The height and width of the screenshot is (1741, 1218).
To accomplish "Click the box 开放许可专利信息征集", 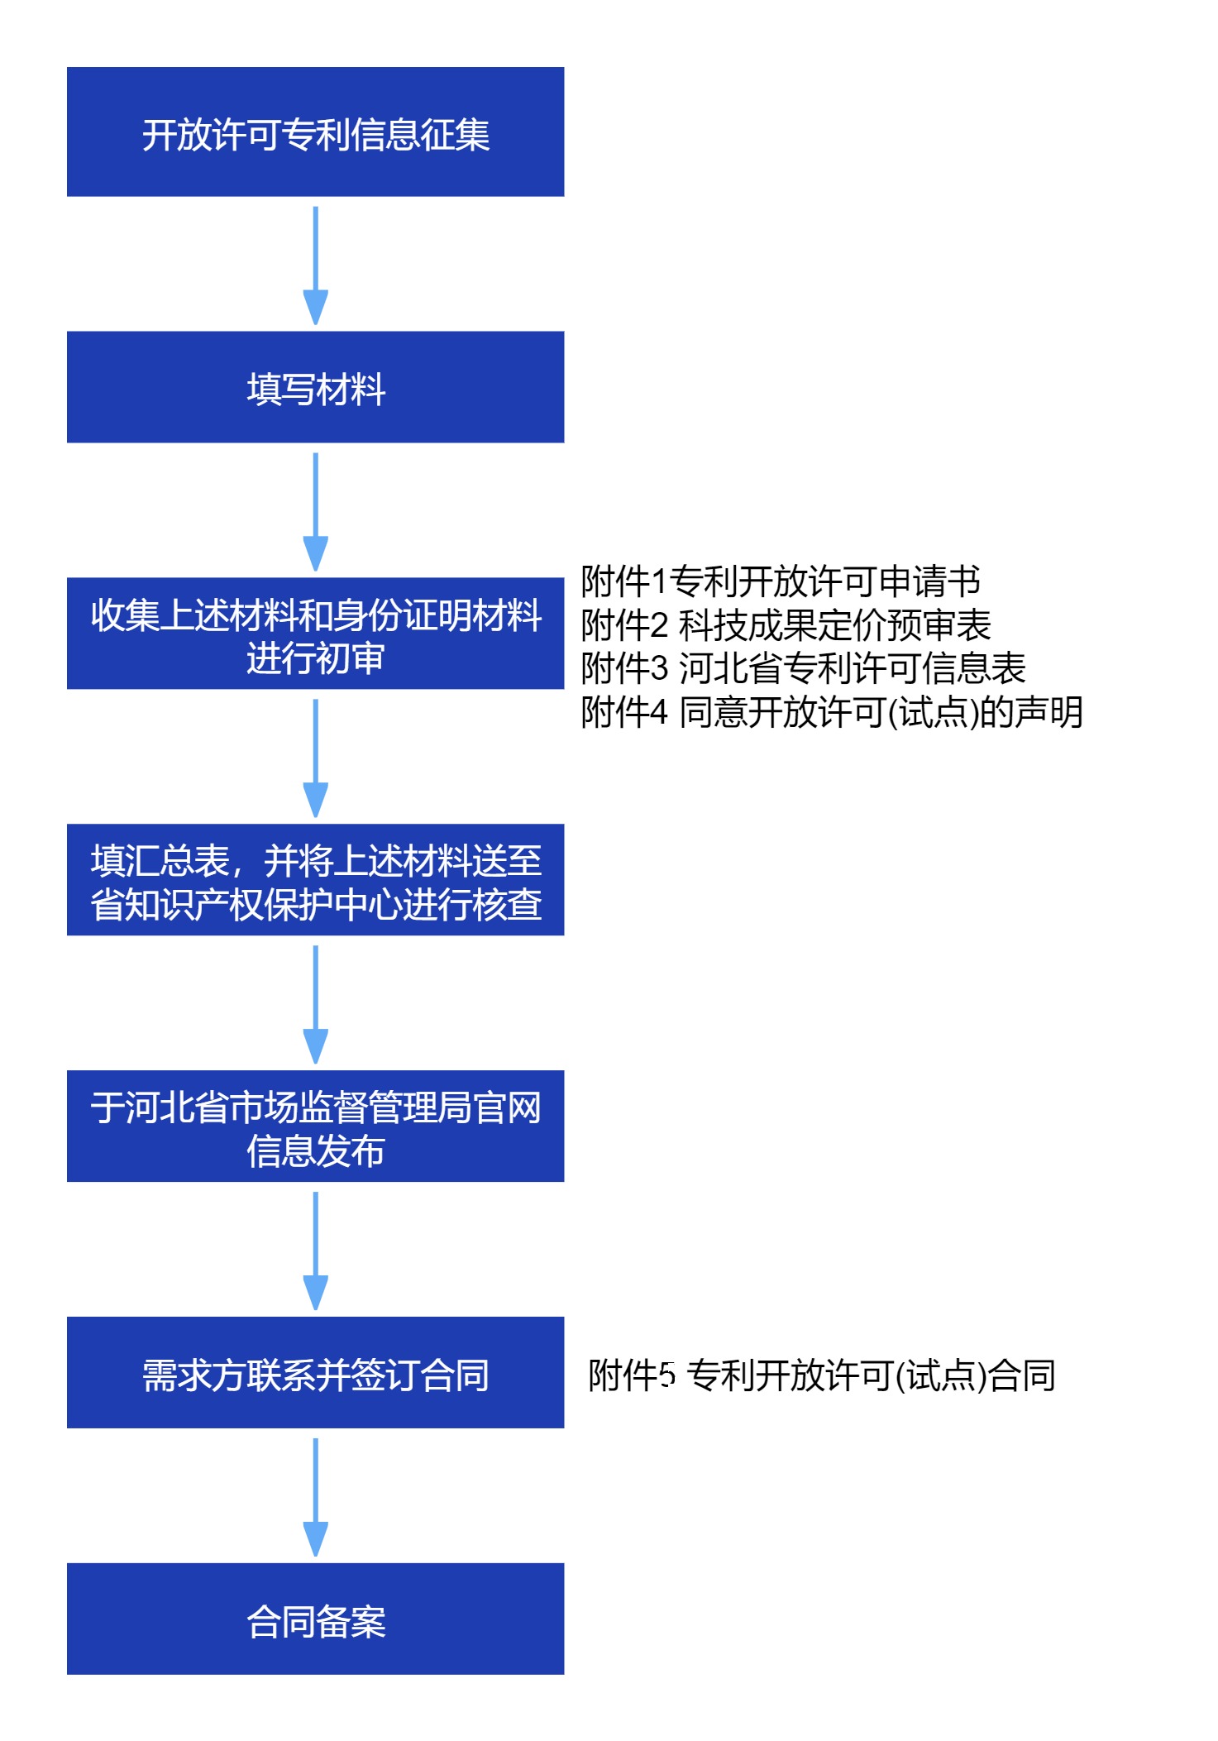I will coord(315,132).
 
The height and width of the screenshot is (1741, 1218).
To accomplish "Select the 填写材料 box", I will coord(315,387).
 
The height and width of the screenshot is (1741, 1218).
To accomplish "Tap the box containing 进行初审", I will coord(315,634).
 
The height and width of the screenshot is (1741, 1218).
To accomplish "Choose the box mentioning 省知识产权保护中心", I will coord(315,880).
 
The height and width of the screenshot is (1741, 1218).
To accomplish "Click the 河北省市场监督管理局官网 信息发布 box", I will coord(315,1126).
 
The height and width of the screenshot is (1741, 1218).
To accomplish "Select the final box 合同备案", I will coord(315,1619).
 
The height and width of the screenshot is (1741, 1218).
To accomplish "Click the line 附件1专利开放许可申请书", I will coord(780,581).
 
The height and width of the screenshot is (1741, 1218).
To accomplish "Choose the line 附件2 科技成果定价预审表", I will coord(786,625).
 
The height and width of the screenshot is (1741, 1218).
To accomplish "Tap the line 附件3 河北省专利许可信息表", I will coord(803,668).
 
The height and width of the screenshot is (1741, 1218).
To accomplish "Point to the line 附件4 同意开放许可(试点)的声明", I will coord(831,712).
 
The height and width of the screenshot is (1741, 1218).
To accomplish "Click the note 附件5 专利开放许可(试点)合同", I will coord(821,1375).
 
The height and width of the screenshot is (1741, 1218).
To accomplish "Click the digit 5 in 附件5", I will coord(667,1375).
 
